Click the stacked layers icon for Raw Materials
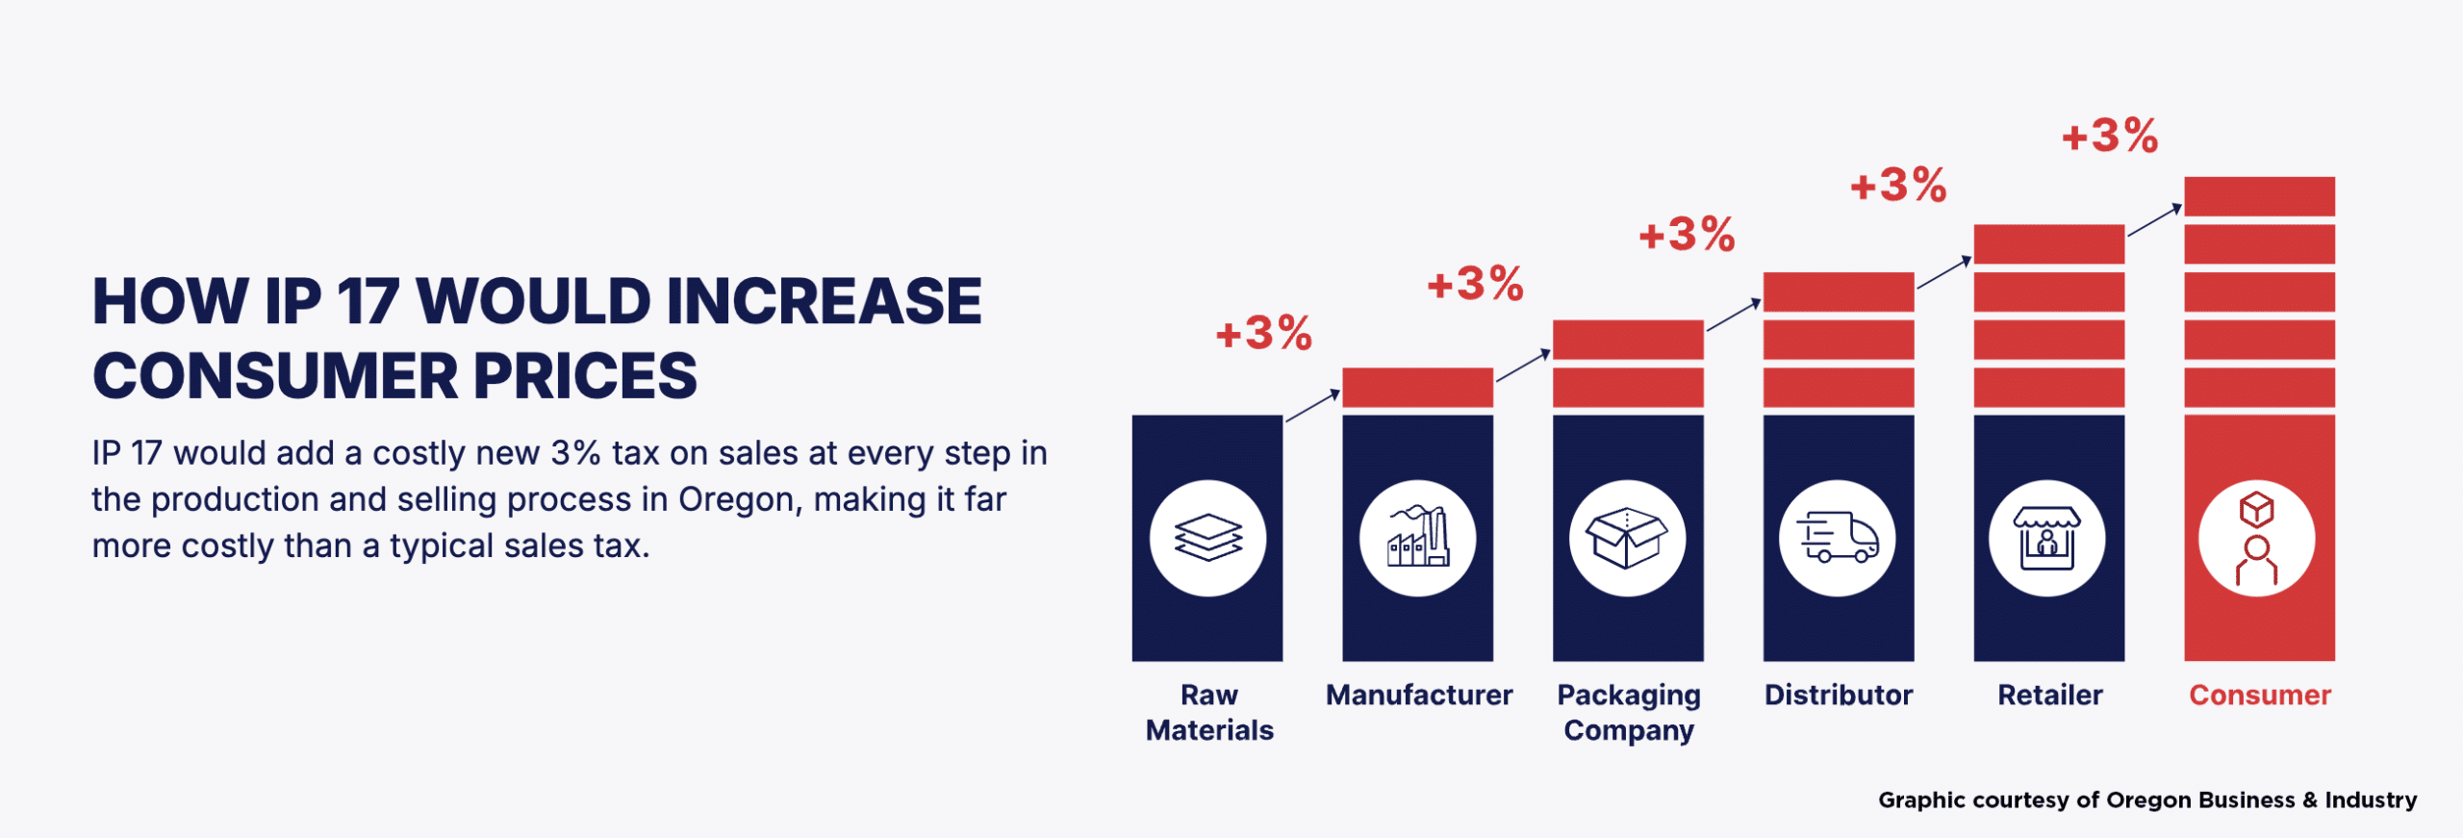[x=1207, y=537]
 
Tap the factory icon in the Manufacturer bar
[x=1417, y=537]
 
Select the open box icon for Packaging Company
[x=1627, y=538]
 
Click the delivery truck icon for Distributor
[x=1838, y=537]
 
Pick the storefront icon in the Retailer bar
[x=2047, y=538]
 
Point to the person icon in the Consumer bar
[x=2257, y=538]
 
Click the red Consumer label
[x=2260, y=695]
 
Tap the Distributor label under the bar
[x=1839, y=695]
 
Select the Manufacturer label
[x=1419, y=695]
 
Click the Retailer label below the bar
[x=2050, y=695]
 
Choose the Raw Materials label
[x=1209, y=712]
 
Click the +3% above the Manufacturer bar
[x=1264, y=333]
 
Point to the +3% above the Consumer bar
[x=2110, y=136]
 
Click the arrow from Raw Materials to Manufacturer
[x=1312, y=405]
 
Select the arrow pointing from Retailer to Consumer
[x=2154, y=219]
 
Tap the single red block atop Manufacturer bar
[x=1417, y=387]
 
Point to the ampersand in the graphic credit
[x=2310, y=800]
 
